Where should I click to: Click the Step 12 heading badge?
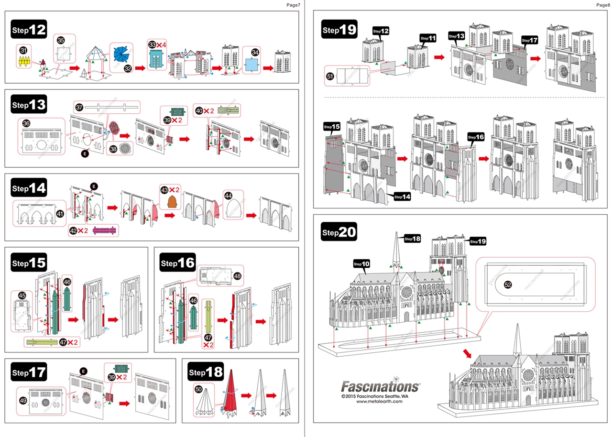coord(29,30)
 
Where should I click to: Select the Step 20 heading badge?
coord(339,232)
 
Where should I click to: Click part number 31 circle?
coord(23,50)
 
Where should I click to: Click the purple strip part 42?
coord(105,230)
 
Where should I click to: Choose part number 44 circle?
coord(229,196)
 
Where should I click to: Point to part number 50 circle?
coord(199,390)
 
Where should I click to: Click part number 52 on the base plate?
coord(508,284)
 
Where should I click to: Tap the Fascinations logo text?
coord(380,386)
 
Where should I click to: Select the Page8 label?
coord(603,5)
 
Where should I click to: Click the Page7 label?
coord(293,5)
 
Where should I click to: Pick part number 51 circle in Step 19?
coord(330,75)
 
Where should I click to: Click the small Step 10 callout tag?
coord(362,263)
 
